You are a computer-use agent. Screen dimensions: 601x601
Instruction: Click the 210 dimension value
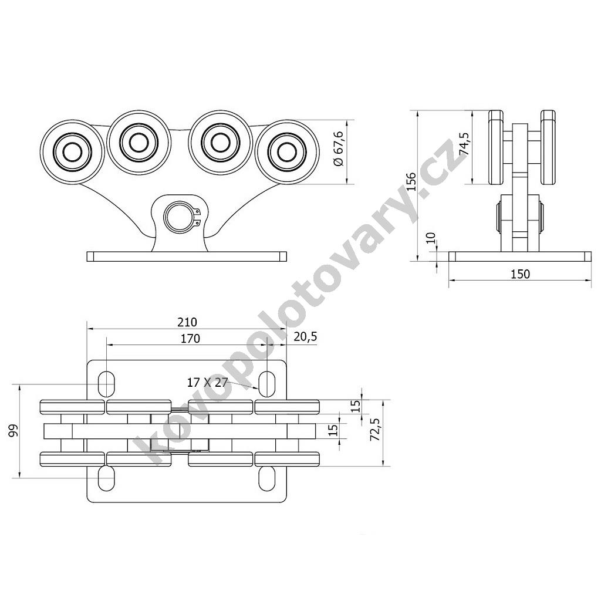[x=187, y=322]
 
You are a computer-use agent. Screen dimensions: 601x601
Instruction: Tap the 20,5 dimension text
[x=305, y=336]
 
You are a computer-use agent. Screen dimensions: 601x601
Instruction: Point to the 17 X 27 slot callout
[x=207, y=382]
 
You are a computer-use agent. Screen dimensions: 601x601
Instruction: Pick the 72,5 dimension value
[x=376, y=430]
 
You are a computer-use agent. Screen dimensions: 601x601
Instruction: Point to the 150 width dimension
[x=520, y=274]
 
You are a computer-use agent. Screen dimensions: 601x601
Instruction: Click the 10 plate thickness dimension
[x=431, y=238]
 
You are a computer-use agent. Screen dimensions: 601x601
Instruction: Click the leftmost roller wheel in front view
[x=72, y=152]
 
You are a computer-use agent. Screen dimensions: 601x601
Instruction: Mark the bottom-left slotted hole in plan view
[x=106, y=478]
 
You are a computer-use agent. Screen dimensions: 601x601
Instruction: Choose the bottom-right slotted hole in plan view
[x=267, y=478]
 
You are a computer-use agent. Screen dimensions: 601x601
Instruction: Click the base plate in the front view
[x=187, y=256]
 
